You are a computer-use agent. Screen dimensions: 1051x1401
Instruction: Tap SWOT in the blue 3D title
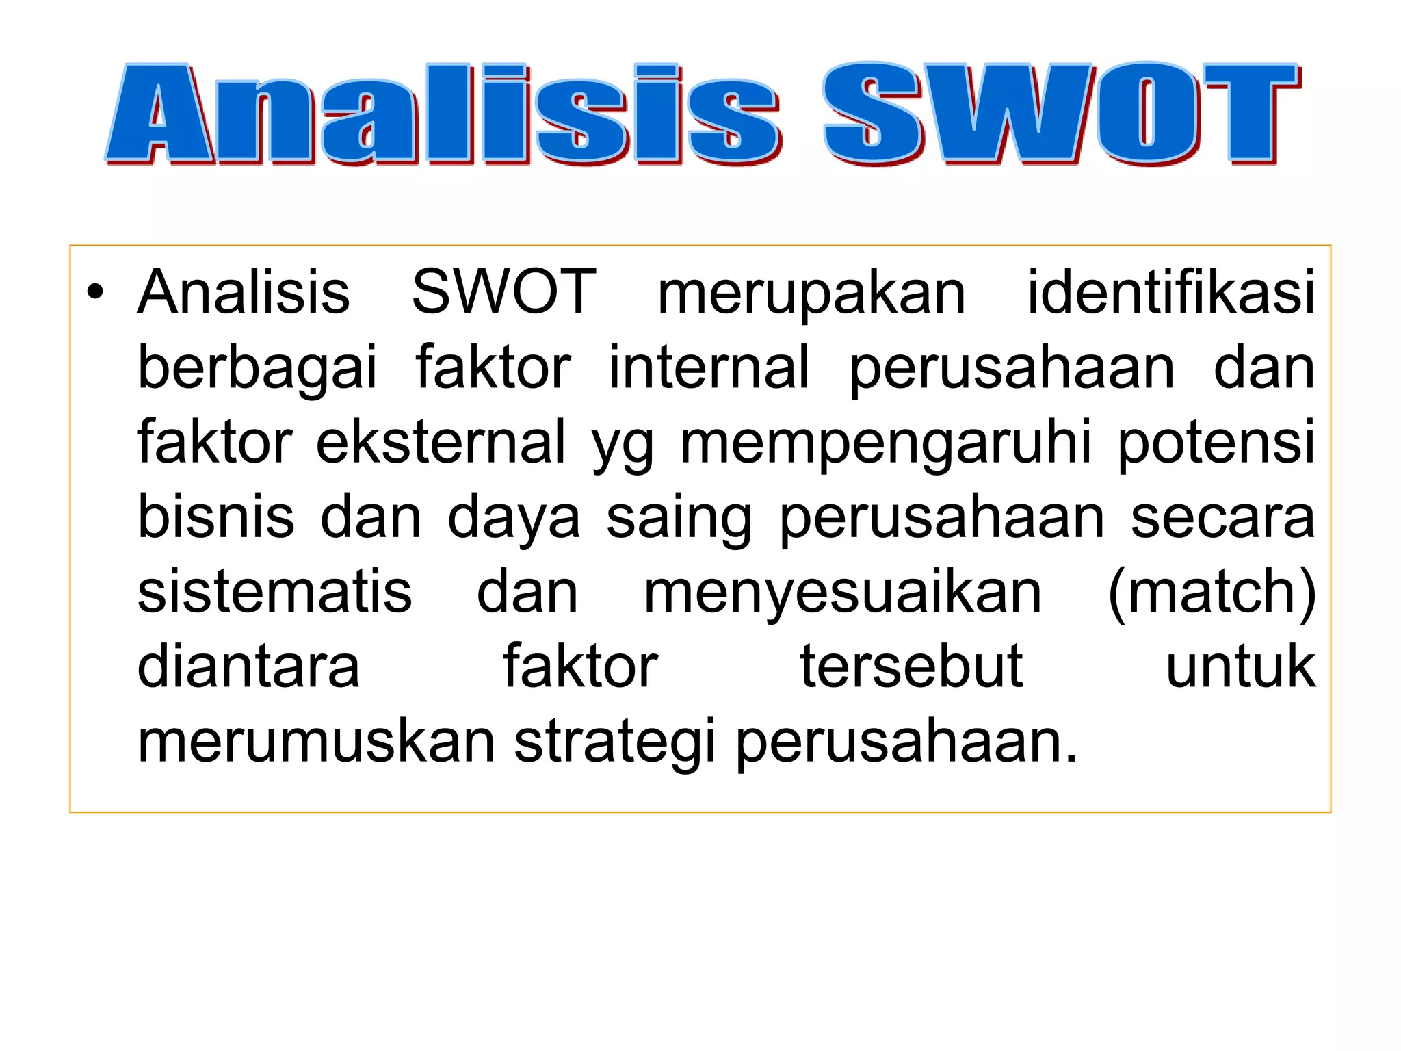[x=1060, y=114]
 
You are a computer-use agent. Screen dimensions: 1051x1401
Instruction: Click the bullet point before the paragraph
[x=95, y=293]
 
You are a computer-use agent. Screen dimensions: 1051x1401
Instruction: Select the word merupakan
[x=811, y=293]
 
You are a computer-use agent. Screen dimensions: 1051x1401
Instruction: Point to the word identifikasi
[x=1170, y=293]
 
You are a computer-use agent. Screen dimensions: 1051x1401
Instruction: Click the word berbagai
[x=257, y=368]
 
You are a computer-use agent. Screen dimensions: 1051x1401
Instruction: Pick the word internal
[x=709, y=368]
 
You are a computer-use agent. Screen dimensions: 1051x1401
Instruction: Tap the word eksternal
[x=441, y=443]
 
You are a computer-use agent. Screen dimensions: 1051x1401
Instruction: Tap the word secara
[x=1222, y=518]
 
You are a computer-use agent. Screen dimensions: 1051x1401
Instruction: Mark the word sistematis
[x=275, y=592]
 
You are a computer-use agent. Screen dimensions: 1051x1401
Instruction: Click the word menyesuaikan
[x=843, y=593]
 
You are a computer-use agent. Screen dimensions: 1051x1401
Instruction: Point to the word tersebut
[x=912, y=666]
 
